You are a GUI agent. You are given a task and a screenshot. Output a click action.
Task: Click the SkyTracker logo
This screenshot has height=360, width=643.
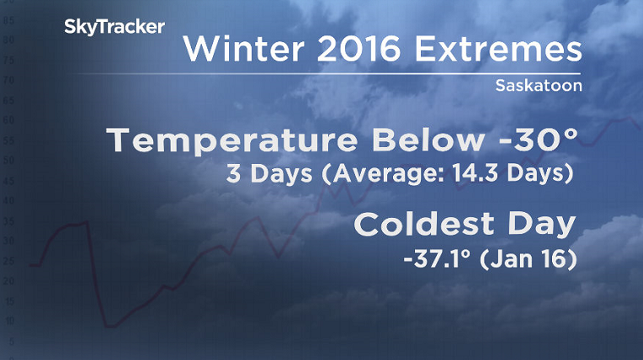click(x=114, y=28)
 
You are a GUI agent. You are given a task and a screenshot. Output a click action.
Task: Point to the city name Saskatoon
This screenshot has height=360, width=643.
click(x=538, y=86)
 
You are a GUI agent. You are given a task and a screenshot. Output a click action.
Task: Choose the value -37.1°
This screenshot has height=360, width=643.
click(x=438, y=260)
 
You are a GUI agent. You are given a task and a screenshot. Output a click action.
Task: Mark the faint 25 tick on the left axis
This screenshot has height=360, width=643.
click(x=9, y=261)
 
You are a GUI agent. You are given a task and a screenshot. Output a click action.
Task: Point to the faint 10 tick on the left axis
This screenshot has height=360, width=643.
click(x=9, y=320)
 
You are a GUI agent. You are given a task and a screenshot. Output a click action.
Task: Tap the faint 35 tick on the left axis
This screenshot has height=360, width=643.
click(x=9, y=221)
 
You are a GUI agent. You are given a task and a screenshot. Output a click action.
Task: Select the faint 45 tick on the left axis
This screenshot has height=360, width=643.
click(x=9, y=181)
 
